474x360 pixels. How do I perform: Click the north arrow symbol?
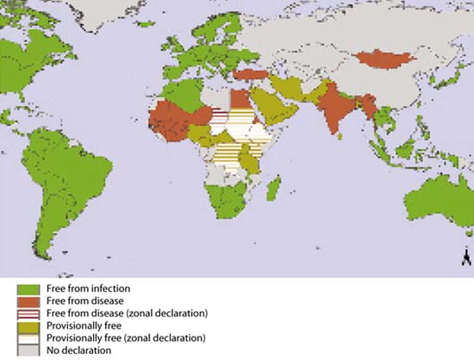point(465,257)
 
